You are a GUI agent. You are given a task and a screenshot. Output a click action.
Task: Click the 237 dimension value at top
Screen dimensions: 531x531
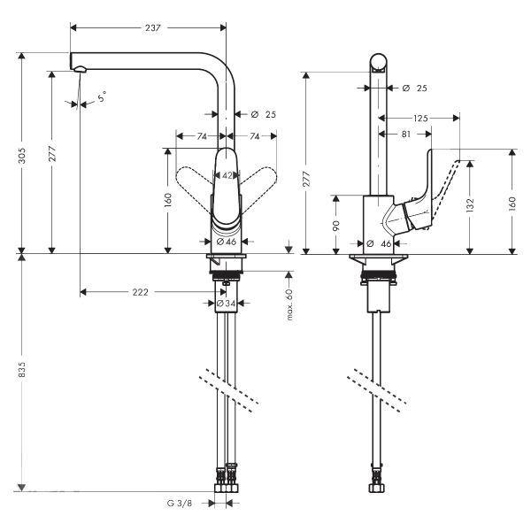(x=153, y=27)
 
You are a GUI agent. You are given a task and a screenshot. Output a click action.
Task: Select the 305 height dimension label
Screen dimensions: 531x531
(x=22, y=155)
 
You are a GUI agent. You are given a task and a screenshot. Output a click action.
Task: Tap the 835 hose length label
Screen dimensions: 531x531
(x=22, y=370)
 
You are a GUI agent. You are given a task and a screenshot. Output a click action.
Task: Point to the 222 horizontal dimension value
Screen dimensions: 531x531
(x=140, y=292)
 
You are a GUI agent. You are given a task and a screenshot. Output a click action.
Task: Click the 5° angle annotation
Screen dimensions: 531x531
(x=102, y=96)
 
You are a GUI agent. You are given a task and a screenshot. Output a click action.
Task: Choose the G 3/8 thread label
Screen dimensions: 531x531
(x=180, y=504)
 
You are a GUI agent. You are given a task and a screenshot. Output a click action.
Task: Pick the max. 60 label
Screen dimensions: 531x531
(x=289, y=304)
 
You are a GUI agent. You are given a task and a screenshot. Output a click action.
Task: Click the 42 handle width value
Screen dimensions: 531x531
(x=227, y=175)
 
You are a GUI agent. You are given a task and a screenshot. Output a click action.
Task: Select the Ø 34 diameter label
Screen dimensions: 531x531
(x=226, y=304)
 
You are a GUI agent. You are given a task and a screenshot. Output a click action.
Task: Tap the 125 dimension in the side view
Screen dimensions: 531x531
(x=420, y=119)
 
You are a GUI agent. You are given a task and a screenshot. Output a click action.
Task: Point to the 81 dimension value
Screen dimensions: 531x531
(x=406, y=135)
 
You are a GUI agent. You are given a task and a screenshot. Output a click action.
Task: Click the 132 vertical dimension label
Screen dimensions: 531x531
(x=470, y=205)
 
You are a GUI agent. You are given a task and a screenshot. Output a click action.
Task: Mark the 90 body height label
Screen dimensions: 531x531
(x=336, y=225)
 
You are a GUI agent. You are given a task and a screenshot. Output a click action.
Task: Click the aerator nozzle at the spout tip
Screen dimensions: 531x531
(x=81, y=69)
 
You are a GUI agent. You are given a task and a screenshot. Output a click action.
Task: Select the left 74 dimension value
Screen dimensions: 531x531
(x=202, y=136)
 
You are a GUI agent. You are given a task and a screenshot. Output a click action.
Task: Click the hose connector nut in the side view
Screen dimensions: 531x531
(x=377, y=488)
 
